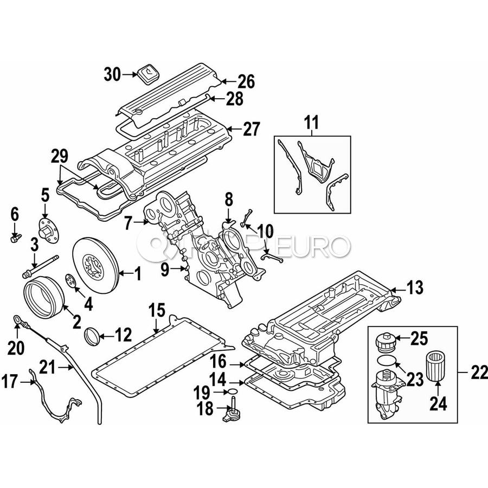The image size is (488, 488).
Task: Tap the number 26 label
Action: tap(245, 82)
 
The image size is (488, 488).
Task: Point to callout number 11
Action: tap(311, 123)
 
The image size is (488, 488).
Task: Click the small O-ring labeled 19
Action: tap(232, 390)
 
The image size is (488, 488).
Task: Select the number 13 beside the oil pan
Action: tap(414, 289)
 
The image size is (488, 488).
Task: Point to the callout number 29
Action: tap(60, 157)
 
